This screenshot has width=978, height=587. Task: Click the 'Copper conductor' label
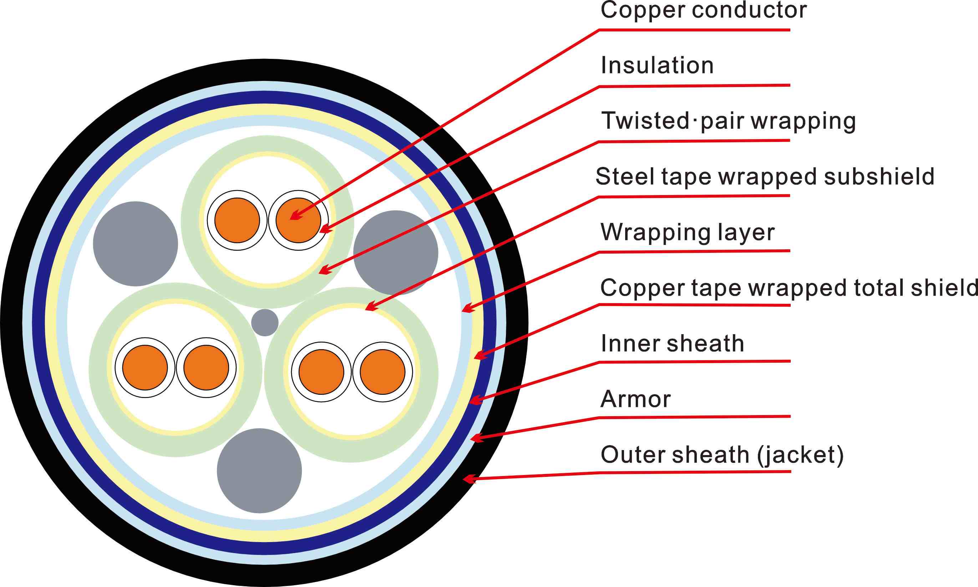(703, 10)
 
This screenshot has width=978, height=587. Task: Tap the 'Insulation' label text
(657, 66)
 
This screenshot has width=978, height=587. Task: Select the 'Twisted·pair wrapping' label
(728, 121)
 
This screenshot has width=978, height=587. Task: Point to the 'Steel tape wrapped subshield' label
(764, 177)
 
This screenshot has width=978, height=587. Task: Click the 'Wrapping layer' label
(687, 232)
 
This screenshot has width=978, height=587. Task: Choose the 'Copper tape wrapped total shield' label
(789, 287)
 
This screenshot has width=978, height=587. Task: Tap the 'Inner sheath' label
(672, 343)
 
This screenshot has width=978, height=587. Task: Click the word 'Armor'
(635, 399)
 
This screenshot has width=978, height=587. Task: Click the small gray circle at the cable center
(265, 323)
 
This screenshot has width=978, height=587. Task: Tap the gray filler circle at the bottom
(259, 471)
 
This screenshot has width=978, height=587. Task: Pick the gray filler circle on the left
(135, 244)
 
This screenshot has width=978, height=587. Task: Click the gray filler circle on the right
(396, 252)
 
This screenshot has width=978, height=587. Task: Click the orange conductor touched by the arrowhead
(298, 220)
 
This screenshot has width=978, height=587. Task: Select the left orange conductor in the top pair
(237, 220)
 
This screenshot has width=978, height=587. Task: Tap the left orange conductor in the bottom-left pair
(145, 367)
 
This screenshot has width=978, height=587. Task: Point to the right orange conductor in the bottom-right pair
(382, 372)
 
